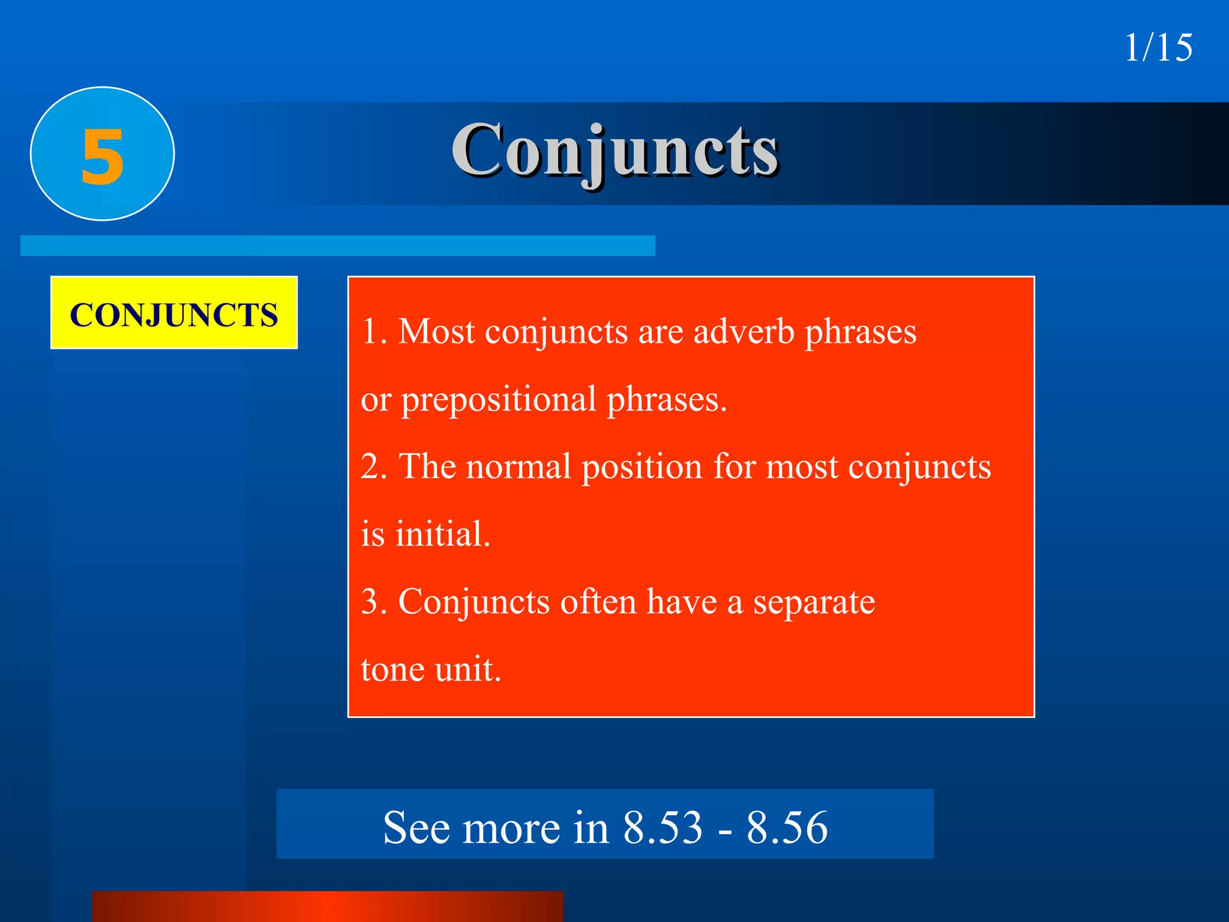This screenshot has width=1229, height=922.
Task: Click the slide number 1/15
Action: (1158, 48)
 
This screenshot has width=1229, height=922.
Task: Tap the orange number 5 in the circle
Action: (103, 157)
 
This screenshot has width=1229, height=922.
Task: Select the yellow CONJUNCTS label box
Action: (174, 313)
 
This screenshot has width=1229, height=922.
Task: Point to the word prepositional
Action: (498, 400)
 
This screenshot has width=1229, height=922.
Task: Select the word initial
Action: (442, 534)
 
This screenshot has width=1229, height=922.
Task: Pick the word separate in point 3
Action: (814, 603)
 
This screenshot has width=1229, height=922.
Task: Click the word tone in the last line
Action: (392, 670)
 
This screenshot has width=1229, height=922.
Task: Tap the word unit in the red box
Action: (467, 670)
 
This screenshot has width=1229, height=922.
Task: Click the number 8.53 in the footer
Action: (663, 828)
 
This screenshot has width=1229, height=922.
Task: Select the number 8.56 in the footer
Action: (787, 828)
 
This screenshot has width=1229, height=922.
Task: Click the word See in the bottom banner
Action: (416, 828)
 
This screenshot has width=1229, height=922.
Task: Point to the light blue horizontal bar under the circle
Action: (337, 246)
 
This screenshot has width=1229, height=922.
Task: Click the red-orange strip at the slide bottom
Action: (328, 906)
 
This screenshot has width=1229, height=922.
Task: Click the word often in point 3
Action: (598, 601)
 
